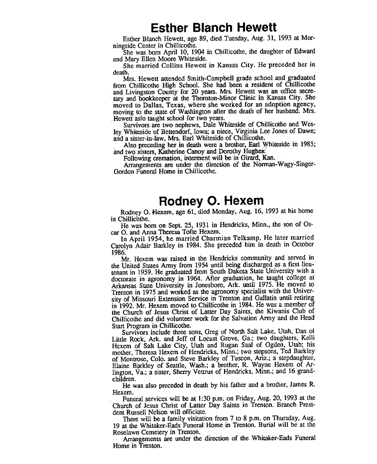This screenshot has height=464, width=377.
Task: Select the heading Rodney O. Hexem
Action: click(x=211, y=201)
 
